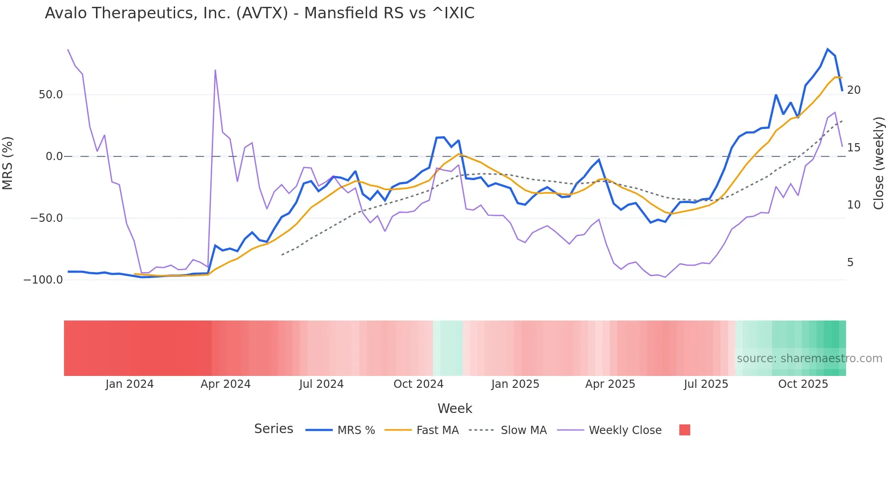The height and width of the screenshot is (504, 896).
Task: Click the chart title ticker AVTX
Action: pos(262,13)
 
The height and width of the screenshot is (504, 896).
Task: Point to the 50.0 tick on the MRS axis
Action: pos(51,95)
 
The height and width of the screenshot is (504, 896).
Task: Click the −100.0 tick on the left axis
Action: pos(43,280)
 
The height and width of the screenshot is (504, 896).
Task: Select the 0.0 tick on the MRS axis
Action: pos(54,156)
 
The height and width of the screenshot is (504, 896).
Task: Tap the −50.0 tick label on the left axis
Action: pos(46,218)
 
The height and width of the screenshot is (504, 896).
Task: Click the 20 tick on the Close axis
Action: pos(853,90)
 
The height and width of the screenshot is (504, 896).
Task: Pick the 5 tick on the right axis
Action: pos(850,263)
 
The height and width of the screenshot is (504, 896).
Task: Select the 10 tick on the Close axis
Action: pos(853,205)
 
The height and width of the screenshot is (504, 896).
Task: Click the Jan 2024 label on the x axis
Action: pos(129,384)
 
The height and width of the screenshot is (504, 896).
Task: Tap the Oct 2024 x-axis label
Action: pos(418,384)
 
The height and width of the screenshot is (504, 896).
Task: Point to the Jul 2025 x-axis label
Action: pos(706,384)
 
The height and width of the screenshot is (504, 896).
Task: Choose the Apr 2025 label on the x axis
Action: pos(610,384)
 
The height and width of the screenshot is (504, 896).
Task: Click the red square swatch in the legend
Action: pos(684,430)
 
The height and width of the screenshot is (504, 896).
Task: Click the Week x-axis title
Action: pos(454,408)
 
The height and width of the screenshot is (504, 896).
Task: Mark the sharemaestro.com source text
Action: pos(809,359)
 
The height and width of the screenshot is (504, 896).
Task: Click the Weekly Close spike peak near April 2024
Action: pos(215,70)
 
